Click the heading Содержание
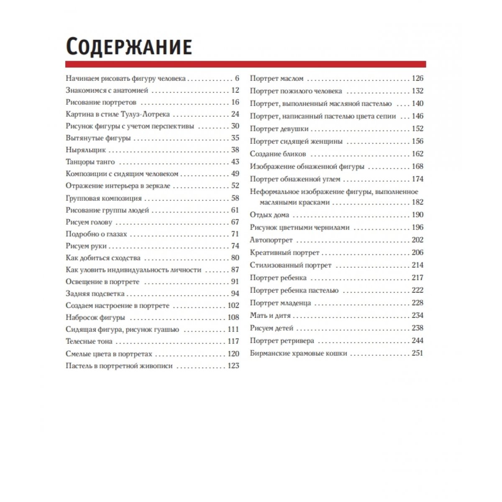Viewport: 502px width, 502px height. click(x=129, y=47)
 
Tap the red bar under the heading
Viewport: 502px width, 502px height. click(x=246, y=64)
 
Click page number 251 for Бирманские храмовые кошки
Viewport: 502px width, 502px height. click(x=417, y=353)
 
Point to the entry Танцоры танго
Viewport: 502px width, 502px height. click(x=90, y=162)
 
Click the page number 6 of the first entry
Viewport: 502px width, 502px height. click(x=237, y=78)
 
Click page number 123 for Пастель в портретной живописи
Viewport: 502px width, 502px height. click(x=233, y=366)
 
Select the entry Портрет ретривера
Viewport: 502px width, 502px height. click(x=282, y=341)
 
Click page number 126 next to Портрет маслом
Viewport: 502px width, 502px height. click(x=417, y=78)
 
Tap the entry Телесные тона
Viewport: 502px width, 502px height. click(x=89, y=341)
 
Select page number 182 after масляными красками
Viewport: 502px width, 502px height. click(x=417, y=202)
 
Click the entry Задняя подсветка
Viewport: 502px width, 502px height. click(x=95, y=294)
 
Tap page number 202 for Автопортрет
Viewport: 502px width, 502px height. click(x=417, y=240)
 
